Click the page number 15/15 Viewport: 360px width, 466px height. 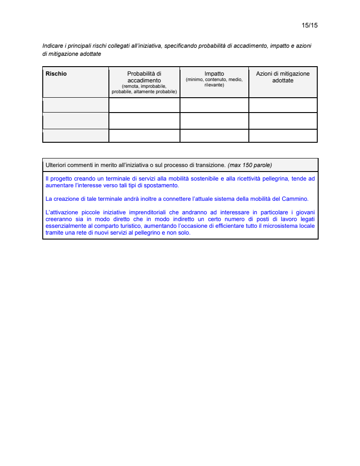[310, 25]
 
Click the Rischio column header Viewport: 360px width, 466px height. [56, 74]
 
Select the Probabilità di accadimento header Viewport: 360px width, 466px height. [144, 77]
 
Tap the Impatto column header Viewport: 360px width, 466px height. [214, 74]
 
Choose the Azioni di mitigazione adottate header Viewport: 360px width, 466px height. [283, 77]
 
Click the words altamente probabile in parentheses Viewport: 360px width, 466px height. [155, 91]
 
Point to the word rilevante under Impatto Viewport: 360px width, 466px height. [214, 85]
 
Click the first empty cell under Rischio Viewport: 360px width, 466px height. [76, 105]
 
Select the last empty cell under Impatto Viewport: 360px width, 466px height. [214, 136]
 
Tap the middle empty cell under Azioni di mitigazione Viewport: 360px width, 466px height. [283, 121]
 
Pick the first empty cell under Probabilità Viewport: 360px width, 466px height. [144, 105]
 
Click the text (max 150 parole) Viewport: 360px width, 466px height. [250, 165]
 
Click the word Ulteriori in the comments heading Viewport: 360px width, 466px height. [57, 165]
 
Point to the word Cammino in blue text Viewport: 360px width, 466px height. [294, 199]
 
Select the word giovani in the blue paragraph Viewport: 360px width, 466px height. [304, 212]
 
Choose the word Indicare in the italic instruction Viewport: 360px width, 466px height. [53, 46]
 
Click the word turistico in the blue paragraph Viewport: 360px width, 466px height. [124, 226]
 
